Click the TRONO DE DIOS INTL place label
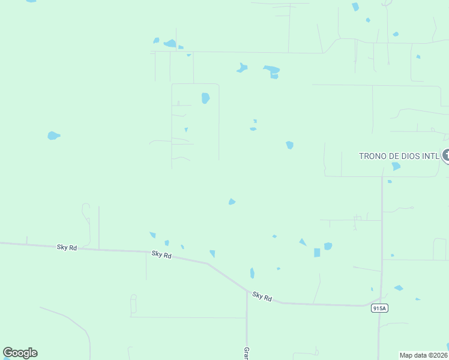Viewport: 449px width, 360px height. click(x=399, y=156)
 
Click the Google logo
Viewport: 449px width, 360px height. click(x=20, y=353)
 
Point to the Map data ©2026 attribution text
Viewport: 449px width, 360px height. click(x=424, y=355)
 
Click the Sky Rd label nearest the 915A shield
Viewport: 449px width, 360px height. click(x=262, y=296)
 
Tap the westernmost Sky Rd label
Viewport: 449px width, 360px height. click(x=67, y=247)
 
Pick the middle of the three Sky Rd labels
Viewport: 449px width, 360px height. click(x=161, y=255)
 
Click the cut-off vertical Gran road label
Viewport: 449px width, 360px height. click(x=246, y=353)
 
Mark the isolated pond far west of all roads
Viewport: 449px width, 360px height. click(x=53, y=136)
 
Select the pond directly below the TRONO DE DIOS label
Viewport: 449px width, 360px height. click(x=396, y=166)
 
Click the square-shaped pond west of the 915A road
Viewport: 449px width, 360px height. click(x=317, y=253)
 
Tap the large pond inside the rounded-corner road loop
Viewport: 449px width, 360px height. click(x=205, y=98)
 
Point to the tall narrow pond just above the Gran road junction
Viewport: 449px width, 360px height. click(x=252, y=273)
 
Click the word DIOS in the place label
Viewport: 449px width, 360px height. click(x=402, y=156)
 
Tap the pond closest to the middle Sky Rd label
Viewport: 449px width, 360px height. click(x=166, y=243)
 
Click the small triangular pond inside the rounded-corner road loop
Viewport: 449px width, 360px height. click(x=186, y=130)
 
